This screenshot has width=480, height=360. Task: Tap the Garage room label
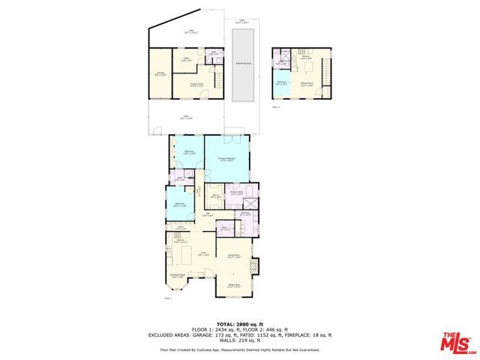tap(160, 73)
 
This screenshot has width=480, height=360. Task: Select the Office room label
tap(187, 58)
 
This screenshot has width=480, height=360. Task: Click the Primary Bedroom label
tap(227, 159)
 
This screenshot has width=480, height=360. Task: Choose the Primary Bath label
tap(235, 193)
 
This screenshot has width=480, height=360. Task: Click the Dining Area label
tap(233, 285)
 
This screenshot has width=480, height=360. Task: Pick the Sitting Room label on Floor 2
tap(307, 84)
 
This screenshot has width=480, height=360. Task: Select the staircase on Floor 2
tap(325, 71)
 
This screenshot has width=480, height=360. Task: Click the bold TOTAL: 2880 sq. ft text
tap(239, 324)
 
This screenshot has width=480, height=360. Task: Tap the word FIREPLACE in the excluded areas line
tap(298, 335)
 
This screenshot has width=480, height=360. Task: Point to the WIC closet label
tap(214, 196)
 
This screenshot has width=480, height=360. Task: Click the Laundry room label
tap(245, 215)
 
